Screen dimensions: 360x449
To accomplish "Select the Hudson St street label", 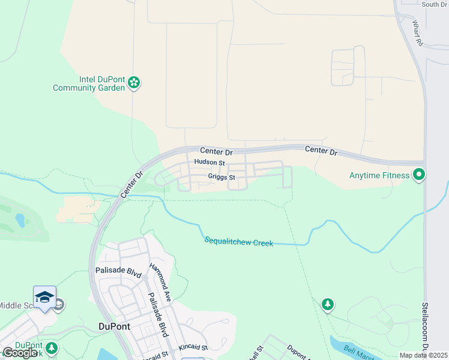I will [x=209, y=163].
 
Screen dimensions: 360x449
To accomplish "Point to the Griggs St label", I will [x=221, y=177].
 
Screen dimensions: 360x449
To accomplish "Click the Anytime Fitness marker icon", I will [x=419, y=175].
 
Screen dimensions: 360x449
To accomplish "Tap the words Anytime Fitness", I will [x=380, y=176].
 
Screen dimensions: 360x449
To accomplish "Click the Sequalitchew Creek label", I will [x=238, y=242].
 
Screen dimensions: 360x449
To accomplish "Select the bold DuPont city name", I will [x=113, y=326].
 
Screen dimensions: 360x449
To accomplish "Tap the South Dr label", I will [x=434, y=4].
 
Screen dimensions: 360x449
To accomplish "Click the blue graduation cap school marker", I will [x=44, y=297].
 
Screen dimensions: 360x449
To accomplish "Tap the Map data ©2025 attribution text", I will [x=423, y=355].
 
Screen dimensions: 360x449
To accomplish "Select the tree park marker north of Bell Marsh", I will [x=327, y=305].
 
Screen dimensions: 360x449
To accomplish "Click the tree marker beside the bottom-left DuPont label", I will [x=52, y=348].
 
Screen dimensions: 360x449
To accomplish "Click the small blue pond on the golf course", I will [x=20, y=220].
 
